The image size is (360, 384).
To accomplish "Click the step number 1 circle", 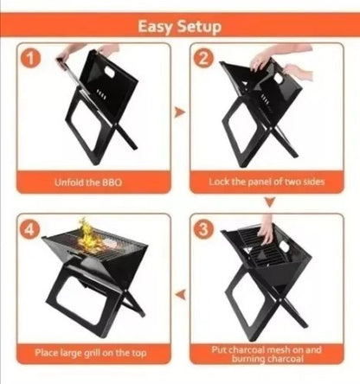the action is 30,60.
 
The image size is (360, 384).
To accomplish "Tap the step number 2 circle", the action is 203,59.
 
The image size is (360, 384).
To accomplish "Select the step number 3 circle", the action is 203,230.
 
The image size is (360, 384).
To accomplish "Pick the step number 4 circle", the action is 30,230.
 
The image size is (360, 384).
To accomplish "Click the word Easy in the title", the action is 156,27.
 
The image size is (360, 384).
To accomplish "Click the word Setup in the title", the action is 199,26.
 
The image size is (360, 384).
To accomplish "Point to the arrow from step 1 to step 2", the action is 180,112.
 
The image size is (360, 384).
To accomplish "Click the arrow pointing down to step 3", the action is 270,202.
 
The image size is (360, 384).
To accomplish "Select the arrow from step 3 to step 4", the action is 181,295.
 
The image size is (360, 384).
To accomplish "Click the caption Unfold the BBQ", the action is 88,182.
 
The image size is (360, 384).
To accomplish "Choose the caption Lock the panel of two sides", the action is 267,182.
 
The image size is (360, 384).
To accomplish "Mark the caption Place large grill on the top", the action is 91,353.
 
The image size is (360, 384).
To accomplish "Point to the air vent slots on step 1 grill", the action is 100,93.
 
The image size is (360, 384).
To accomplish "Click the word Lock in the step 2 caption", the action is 218,182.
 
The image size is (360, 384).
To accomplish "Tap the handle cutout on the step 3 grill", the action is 284,246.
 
